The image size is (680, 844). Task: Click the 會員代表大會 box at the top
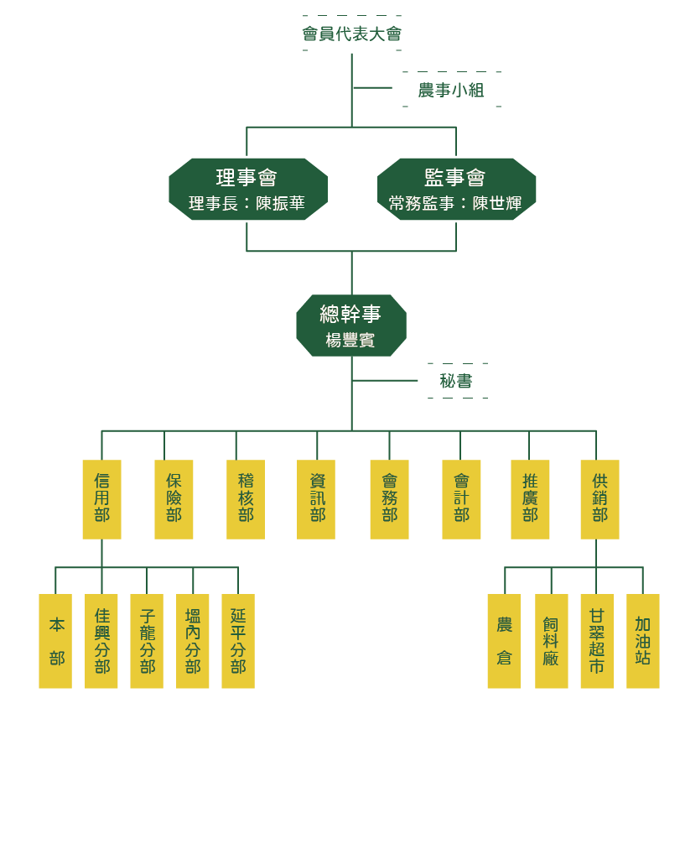tap(351, 34)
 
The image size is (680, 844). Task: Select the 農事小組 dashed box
tap(451, 90)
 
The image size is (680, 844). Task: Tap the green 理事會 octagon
tap(247, 189)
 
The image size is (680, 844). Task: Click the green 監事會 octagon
tap(456, 189)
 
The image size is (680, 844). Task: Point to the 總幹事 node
tap(350, 326)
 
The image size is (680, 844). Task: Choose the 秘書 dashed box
tap(456, 381)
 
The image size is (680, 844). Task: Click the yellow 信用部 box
tap(101, 499)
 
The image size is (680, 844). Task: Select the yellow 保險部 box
tap(174, 499)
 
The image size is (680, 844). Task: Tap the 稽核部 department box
tap(246, 499)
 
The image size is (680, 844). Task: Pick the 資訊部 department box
tap(316, 499)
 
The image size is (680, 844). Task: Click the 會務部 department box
tap(389, 499)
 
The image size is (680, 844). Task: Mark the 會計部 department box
tap(461, 499)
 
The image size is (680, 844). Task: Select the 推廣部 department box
tap(530, 499)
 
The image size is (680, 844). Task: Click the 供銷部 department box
tap(600, 499)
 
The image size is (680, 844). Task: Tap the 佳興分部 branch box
tap(101, 641)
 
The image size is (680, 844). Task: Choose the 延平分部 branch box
tap(238, 641)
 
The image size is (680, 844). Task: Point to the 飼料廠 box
tap(551, 641)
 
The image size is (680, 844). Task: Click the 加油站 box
tap(642, 641)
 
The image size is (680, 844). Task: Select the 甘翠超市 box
tap(596, 641)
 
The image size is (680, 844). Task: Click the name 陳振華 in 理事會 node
tap(280, 204)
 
